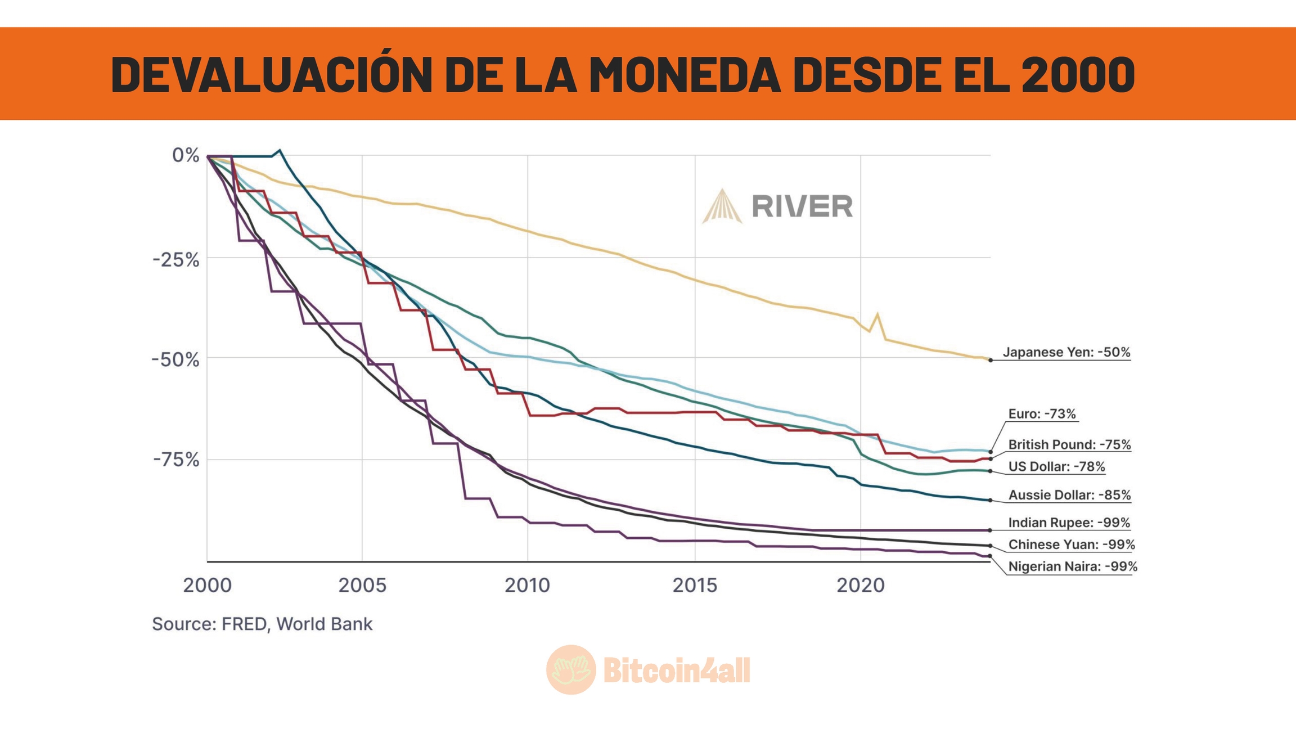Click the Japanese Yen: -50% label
tap(1066, 353)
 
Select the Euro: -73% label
tap(1042, 414)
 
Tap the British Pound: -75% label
tap(1069, 445)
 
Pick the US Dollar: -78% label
tap(1056, 467)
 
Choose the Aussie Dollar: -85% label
tap(1069, 495)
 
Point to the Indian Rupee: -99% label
tap(1069, 523)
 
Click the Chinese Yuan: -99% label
tap(1071, 544)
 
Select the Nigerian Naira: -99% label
tap(1072, 566)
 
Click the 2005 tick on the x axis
tap(362, 586)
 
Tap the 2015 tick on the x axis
tap(695, 586)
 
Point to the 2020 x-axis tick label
tap(860, 586)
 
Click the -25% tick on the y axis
tap(176, 260)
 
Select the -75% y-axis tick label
tap(176, 460)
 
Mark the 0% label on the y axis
tap(186, 155)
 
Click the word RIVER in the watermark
tap(802, 206)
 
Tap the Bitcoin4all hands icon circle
tap(571, 669)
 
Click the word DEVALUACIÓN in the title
tap(271, 74)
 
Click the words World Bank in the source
tap(324, 624)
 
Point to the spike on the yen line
tap(877, 314)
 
